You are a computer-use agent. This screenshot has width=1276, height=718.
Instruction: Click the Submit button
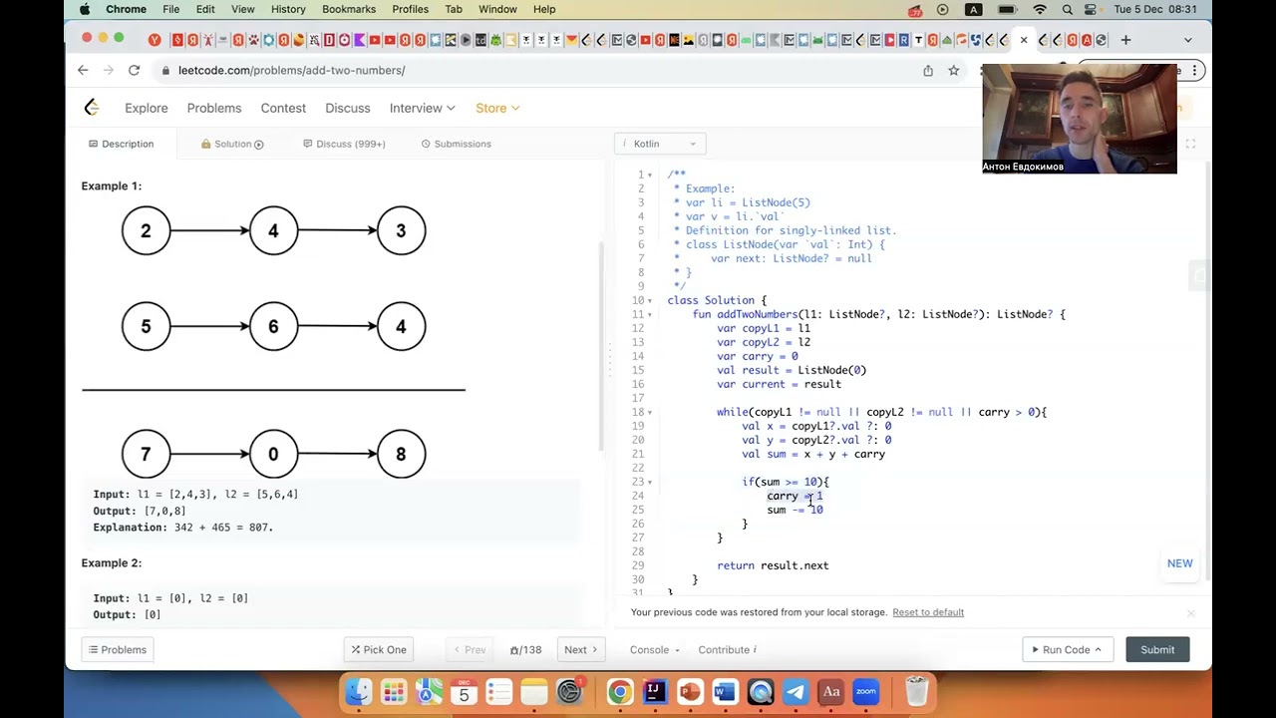[1157, 649]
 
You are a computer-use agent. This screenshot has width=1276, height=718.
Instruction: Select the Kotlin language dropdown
[660, 144]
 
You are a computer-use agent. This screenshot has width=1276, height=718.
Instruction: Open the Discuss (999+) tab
[345, 144]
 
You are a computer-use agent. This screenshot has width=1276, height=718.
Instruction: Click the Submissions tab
[457, 144]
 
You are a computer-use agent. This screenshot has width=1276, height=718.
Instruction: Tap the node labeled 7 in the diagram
[146, 454]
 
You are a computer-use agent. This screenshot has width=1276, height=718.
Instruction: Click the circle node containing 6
[273, 326]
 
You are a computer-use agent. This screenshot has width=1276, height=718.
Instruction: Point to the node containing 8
[401, 454]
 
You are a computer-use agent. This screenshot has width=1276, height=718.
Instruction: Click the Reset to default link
[928, 612]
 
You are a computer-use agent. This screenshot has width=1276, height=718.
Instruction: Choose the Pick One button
[378, 649]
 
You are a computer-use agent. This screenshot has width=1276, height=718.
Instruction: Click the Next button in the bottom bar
[580, 649]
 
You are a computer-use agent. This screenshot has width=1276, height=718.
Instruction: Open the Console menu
[654, 649]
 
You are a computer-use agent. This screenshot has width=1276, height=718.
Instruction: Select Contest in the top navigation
[283, 108]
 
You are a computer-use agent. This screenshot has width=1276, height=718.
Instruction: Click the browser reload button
[134, 70]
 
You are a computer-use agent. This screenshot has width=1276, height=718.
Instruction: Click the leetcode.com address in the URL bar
[291, 70]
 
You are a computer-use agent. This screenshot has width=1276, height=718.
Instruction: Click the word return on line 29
[736, 565]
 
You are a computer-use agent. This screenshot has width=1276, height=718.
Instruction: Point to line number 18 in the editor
[637, 412]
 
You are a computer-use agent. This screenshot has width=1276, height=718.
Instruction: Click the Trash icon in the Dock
[916, 691]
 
